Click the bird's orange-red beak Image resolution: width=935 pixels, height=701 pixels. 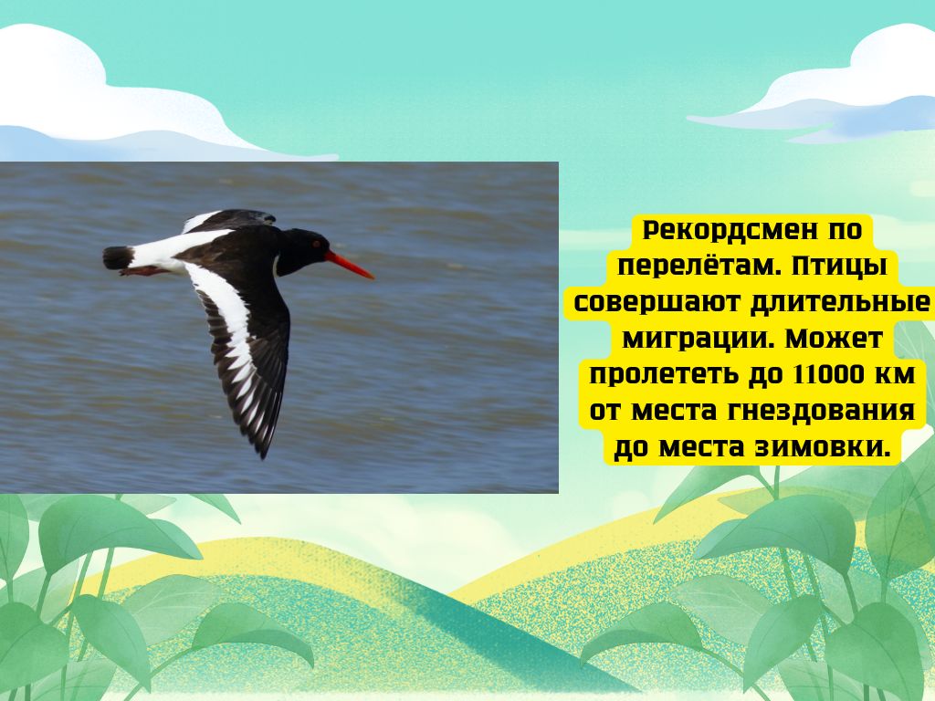(x=349, y=266)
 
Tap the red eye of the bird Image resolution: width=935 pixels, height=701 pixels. (x=317, y=244)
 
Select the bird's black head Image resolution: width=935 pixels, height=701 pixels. (x=302, y=250)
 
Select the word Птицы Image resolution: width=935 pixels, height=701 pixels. (x=838, y=267)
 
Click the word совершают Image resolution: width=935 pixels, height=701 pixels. (x=654, y=302)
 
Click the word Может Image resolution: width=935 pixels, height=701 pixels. (x=833, y=339)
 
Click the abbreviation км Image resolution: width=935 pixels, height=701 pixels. (x=895, y=375)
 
